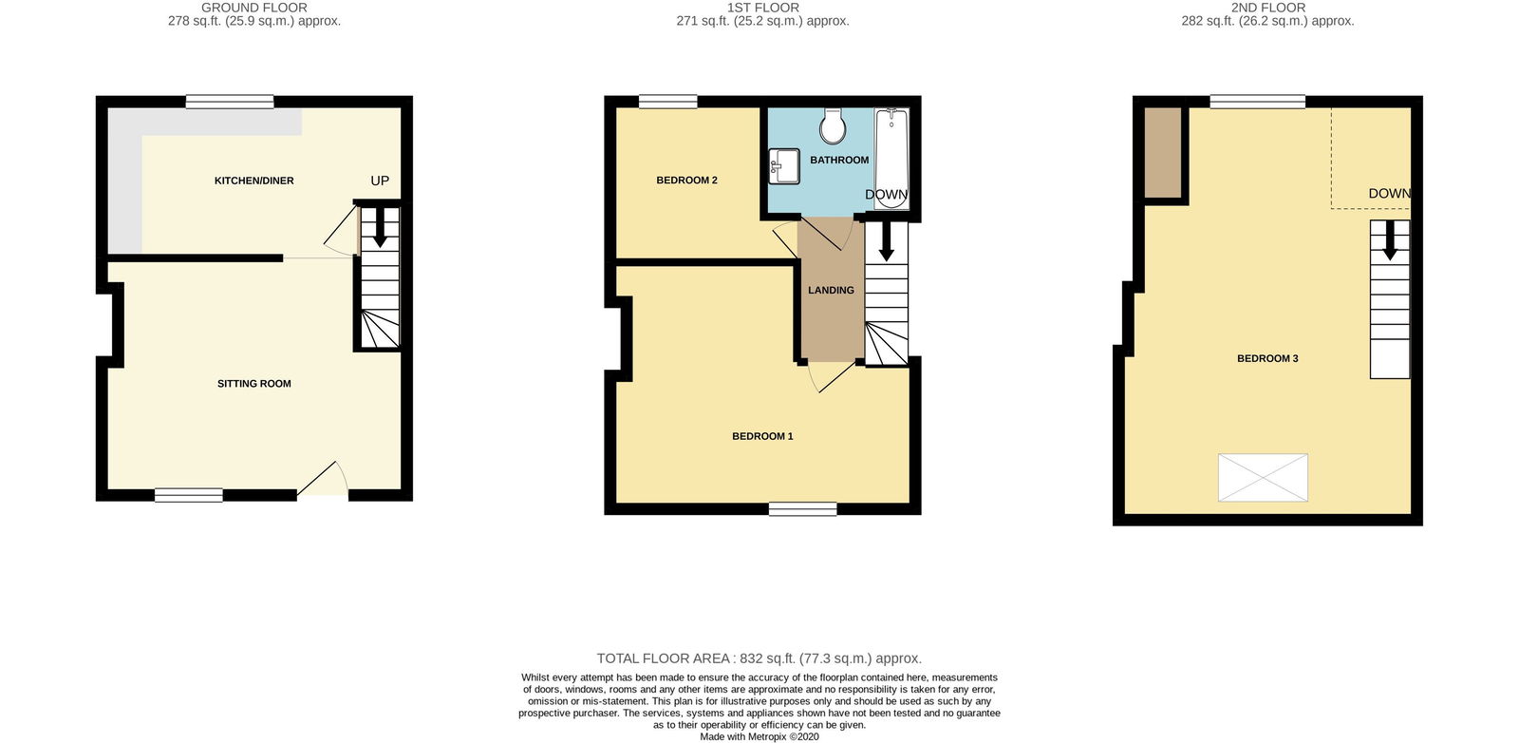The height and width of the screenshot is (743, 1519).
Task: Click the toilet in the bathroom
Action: [x=832, y=125]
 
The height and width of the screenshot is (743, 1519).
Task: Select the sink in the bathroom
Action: [x=784, y=166]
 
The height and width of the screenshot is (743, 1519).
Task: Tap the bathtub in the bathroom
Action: [x=891, y=158]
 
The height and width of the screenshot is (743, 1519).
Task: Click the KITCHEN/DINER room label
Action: [x=254, y=181]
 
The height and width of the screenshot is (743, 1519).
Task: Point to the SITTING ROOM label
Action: [x=254, y=383]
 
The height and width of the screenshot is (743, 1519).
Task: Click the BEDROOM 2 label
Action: [x=687, y=180]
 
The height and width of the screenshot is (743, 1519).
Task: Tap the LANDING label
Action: [x=832, y=290]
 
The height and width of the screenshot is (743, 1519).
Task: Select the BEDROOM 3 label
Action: [x=1268, y=358]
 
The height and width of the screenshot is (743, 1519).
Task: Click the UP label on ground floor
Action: [x=380, y=181]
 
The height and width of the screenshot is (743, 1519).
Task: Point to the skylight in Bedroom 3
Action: [x=1263, y=478]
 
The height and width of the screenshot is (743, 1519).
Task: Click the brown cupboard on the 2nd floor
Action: [x=1164, y=153]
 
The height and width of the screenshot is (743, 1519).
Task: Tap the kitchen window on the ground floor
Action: [x=230, y=102]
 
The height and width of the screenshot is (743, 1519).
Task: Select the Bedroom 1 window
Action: [x=803, y=509]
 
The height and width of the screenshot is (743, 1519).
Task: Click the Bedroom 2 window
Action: [x=668, y=102]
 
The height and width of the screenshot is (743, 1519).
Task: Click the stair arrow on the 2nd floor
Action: [x=1390, y=239]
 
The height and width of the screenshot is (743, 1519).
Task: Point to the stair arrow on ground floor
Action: [x=380, y=227]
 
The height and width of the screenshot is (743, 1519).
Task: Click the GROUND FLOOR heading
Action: [x=254, y=8]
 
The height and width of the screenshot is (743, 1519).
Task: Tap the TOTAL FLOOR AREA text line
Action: [x=759, y=658]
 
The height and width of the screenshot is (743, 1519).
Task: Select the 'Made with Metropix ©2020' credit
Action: [x=759, y=737]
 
